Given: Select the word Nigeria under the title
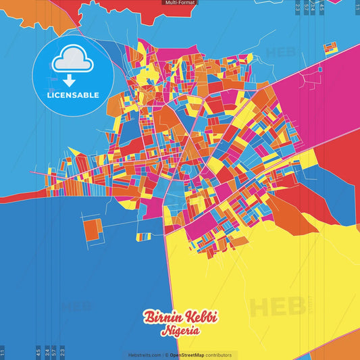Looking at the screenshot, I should click(x=180, y=332).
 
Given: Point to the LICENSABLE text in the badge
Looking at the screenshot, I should click(x=72, y=95).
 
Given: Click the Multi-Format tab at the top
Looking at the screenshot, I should click(x=180, y=3).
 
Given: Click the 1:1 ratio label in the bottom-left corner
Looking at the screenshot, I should click(x=3, y=352).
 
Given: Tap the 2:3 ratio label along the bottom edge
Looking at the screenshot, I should click(x=62, y=352).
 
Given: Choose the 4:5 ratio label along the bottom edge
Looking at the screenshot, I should click(x=38, y=352).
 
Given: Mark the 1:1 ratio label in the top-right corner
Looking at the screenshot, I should click(x=357, y=7).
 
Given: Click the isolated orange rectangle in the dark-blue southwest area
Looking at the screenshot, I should click(x=93, y=230).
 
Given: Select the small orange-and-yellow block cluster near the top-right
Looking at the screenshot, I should click(x=330, y=48).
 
